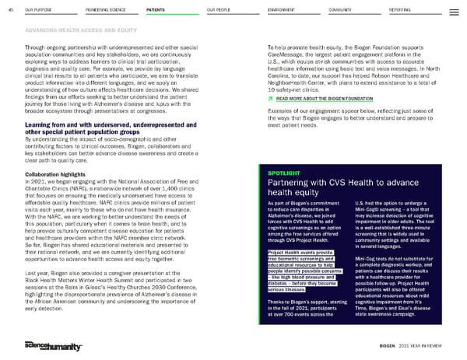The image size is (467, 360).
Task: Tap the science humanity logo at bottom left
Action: pos(49,344)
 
